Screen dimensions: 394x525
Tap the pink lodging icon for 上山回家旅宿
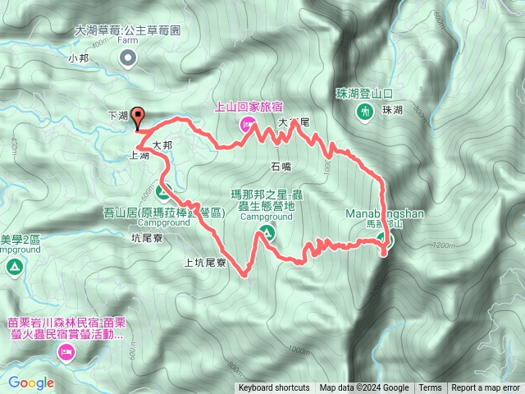(x=244, y=124)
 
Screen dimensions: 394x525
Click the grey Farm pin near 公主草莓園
(x=127, y=57)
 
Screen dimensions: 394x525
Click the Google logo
(x=31, y=383)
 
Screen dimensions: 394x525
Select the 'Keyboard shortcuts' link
(x=274, y=388)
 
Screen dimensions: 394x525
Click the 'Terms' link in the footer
(x=430, y=388)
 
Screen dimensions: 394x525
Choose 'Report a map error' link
(x=486, y=388)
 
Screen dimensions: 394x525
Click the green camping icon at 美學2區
(x=14, y=267)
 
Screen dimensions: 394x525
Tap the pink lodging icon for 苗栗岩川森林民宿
(x=66, y=353)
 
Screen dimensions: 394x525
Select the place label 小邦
(x=79, y=58)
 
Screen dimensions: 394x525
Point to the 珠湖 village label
(x=392, y=110)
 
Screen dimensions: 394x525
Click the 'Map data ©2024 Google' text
(x=364, y=388)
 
